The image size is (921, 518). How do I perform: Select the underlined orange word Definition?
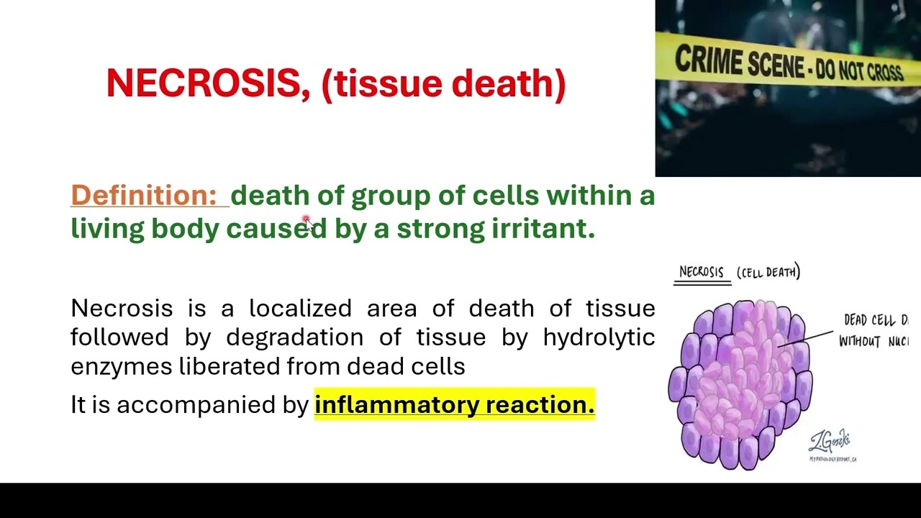point(144,195)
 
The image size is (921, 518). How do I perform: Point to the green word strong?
point(440,228)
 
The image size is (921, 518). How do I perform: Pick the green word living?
point(107,228)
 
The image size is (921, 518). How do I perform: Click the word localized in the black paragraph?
point(300,308)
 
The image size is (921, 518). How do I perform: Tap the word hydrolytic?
point(599,337)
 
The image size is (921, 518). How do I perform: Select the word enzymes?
point(121,366)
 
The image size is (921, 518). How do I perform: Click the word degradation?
point(294,337)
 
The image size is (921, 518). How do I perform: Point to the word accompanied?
point(197,404)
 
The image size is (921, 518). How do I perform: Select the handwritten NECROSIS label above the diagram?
point(701,272)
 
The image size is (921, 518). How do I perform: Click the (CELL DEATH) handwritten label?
point(768,272)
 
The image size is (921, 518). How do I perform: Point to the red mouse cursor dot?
point(306,220)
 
